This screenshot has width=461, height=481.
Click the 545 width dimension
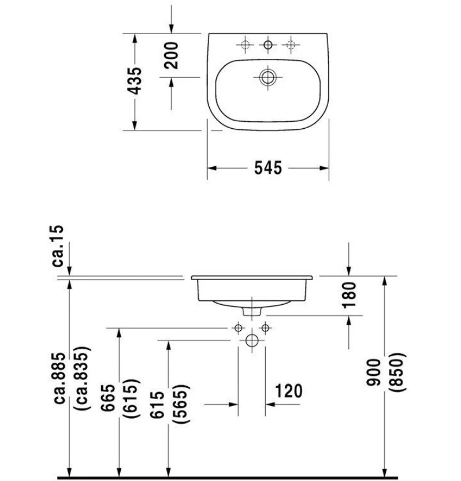268,168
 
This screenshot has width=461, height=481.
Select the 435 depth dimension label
135,81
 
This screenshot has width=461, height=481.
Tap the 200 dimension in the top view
171,55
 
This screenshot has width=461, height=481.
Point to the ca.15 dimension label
58,246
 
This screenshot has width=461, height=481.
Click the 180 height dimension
349,295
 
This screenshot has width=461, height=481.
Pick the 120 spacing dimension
288,391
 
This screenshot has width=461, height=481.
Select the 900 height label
374,372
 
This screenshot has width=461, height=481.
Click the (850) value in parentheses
397,372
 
